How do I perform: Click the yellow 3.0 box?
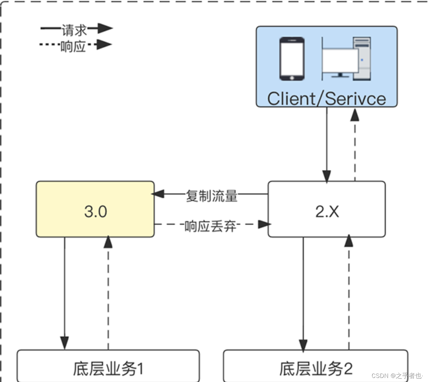(x=95, y=209)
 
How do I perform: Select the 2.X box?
(x=326, y=209)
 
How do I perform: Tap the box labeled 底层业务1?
(x=108, y=368)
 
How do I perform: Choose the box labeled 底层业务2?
(x=315, y=368)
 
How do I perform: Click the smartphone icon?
(x=292, y=59)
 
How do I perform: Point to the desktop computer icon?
(x=346, y=59)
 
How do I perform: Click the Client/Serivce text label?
(x=326, y=99)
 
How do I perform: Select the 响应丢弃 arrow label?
(x=210, y=226)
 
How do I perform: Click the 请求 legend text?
(x=74, y=30)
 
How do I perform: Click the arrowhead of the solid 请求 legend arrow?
(x=105, y=29)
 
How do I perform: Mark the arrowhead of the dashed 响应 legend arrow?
(x=105, y=45)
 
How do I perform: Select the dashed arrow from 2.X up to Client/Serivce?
(x=355, y=146)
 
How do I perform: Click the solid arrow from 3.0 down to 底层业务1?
(x=65, y=292)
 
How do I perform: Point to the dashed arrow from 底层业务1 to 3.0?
(x=108, y=292)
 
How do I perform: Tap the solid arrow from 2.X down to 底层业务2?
(x=303, y=292)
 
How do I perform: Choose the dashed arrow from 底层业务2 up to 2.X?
(x=349, y=292)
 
